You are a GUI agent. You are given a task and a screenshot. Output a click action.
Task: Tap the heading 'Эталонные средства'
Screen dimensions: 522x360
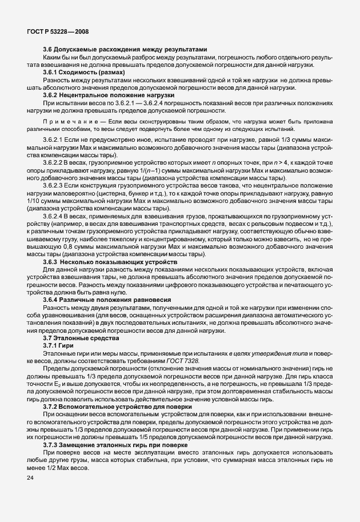[x=86, y=338]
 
